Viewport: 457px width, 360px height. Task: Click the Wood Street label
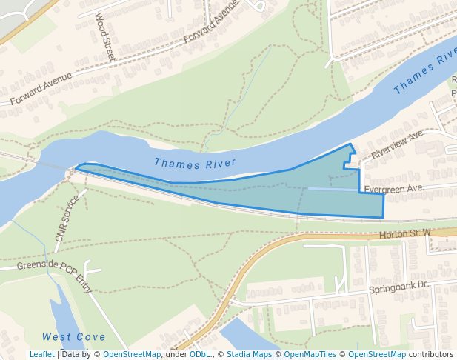coord(105,38)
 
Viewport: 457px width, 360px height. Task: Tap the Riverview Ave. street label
coord(397,144)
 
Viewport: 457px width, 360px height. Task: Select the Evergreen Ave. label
coord(393,189)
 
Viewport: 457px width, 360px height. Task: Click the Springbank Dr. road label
coord(399,285)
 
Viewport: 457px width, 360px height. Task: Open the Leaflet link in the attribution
coord(41,354)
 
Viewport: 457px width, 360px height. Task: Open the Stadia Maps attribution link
coord(247,354)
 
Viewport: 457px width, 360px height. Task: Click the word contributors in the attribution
coord(431,354)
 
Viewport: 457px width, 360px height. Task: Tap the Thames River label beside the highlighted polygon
coord(195,162)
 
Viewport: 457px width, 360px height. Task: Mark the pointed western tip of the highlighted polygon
coord(76,168)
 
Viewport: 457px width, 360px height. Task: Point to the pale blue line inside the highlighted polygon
coord(333,190)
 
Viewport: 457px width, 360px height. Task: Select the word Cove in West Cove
coord(90,337)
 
